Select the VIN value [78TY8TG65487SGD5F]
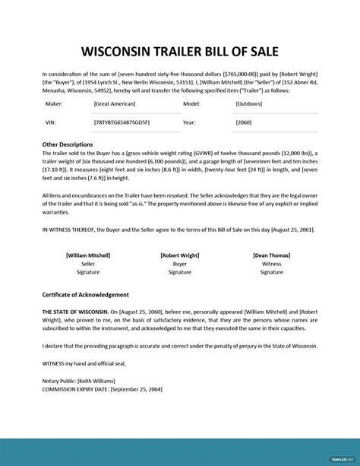point(122,122)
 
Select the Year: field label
point(190,122)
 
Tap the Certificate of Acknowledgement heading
point(86,294)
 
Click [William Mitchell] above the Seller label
point(87,255)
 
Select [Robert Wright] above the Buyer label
point(180,255)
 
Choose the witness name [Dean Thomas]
point(271,255)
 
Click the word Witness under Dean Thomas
point(271,264)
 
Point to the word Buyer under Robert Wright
point(180,264)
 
